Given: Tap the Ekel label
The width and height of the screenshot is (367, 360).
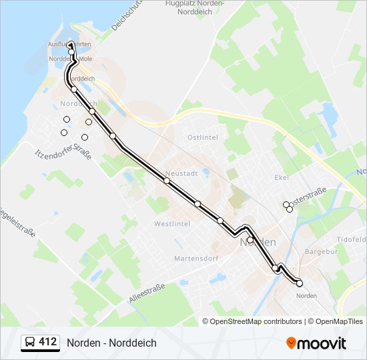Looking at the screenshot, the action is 281,178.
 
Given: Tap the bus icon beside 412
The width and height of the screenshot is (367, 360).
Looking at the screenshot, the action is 30,343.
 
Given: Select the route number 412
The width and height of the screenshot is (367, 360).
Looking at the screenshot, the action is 48,343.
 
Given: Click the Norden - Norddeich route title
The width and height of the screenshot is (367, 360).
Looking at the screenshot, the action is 111,343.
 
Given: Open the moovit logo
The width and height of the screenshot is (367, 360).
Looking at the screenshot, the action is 316,343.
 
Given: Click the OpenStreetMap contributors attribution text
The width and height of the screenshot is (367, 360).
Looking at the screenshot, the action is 257,321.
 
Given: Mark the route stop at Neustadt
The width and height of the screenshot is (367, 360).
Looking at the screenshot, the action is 166,181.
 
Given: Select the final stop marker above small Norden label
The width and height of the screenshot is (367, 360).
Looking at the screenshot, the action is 300,283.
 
